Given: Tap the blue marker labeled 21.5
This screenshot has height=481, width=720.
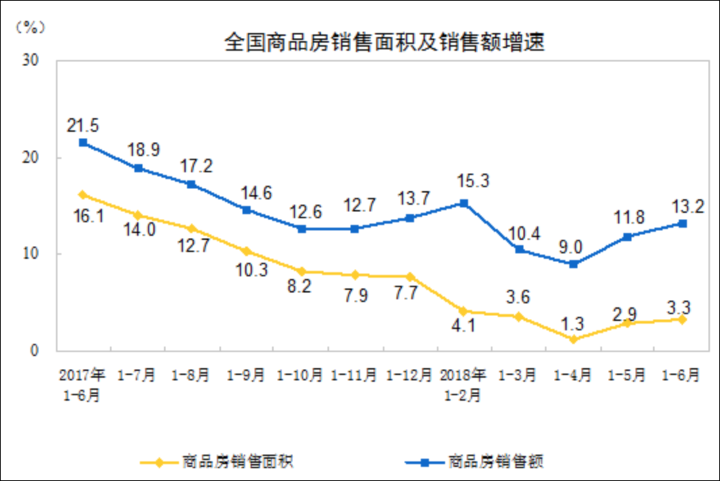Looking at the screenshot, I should pyautogui.click(x=83, y=143).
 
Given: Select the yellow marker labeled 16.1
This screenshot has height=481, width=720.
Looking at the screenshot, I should pyautogui.click(x=83, y=195).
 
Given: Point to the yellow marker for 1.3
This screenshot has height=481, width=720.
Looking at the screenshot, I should pyautogui.click(x=573, y=338).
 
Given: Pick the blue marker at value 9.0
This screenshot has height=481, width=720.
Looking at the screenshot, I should pyautogui.click(x=573, y=264).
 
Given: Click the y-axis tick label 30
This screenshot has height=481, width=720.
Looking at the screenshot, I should pyautogui.click(x=30, y=60).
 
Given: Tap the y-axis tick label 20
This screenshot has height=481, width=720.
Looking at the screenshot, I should pyautogui.click(x=30, y=157).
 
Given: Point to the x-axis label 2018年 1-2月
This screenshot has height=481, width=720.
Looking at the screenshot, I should pyautogui.click(x=464, y=384).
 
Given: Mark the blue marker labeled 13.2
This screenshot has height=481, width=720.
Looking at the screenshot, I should pyautogui.click(x=683, y=224).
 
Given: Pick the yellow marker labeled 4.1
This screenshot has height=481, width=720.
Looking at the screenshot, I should pyautogui.click(x=464, y=311).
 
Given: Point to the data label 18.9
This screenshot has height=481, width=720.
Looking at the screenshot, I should pyautogui.click(x=144, y=149).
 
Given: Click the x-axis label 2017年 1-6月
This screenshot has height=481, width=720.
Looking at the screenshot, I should pyautogui.click(x=82, y=384).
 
